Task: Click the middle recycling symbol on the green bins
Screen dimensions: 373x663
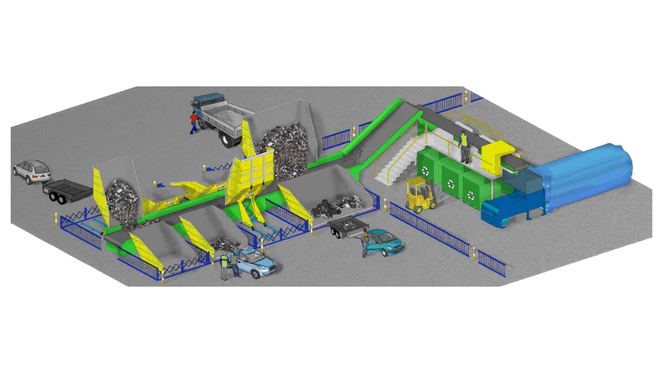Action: click(x=451, y=183)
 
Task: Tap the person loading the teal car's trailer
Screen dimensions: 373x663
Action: click(x=365, y=244)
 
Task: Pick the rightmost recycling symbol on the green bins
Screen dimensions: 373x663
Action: click(x=471, y=195)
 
